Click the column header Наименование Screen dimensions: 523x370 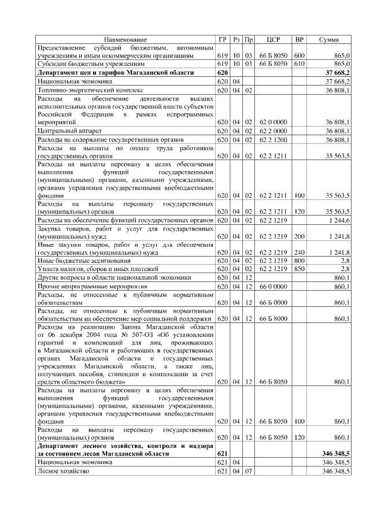point(125,39)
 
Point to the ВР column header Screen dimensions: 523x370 point(299,39)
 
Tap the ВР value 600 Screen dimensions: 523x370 point(299,55)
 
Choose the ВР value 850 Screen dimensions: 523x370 point(299,268)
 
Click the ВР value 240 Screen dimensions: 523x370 point(299,253)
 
